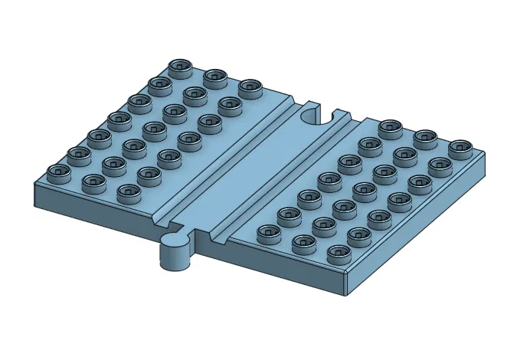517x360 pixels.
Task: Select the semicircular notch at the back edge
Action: pos(315,116)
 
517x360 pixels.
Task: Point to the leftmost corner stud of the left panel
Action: pos(58,172)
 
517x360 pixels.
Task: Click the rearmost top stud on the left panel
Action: pos(181,67)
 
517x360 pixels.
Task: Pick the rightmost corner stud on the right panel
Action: pos(460,147)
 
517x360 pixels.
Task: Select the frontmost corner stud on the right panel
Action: pos(338,252)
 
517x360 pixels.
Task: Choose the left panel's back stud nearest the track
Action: pos(250,87)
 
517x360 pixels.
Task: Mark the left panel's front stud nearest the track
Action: pos(127,191)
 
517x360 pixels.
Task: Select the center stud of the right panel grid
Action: pos(364,188)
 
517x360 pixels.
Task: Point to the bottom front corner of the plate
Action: pos(346,290)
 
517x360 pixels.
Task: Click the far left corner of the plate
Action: pos(33,184)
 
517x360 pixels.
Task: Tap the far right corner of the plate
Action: pos(486,157)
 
